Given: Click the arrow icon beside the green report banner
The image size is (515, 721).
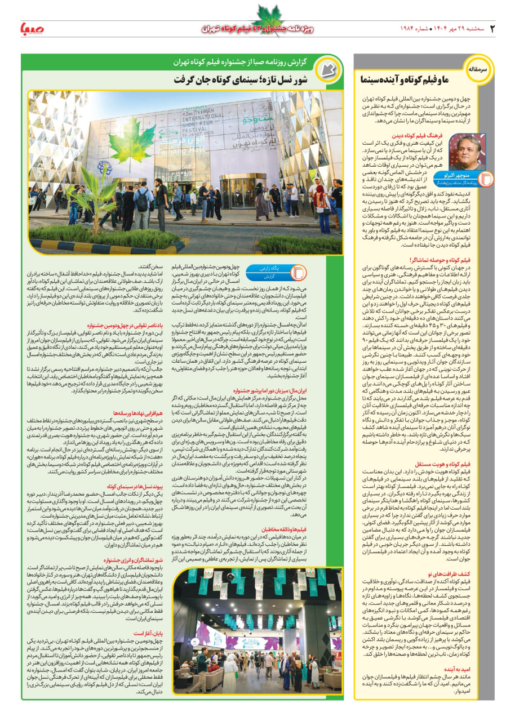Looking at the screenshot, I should pyautogui.click(x=325, y=69).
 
